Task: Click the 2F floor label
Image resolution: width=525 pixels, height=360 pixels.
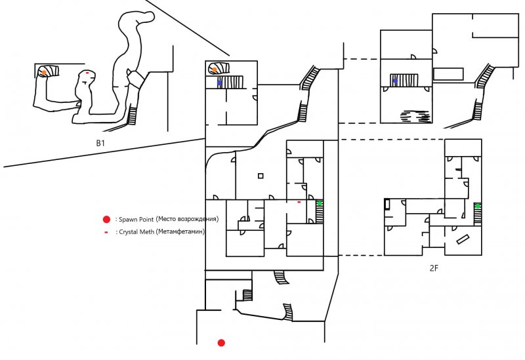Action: [x=434, y=268]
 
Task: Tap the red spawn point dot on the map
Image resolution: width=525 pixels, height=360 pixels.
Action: [x=221, y=342]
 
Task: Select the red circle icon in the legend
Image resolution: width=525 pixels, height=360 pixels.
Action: [x=106, y=219]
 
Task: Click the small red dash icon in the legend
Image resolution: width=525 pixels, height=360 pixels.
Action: [x=106, y=231]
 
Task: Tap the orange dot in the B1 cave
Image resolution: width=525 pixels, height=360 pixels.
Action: [x=43, y=73]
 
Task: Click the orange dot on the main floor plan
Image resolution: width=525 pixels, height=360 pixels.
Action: [x=215, y=69]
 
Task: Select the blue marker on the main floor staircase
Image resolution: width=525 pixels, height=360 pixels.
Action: [x=220, y=83]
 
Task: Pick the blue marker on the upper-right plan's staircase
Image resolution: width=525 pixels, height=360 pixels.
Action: [x=395, y=81]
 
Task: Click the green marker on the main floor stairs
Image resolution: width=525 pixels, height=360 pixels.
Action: [x=320, y=204]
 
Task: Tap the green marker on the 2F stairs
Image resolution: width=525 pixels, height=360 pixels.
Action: [x=478, y=207]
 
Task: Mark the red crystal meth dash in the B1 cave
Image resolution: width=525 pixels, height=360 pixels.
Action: [x=87, y=71]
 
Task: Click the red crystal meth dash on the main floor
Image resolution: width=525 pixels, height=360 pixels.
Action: [x=299, y=202]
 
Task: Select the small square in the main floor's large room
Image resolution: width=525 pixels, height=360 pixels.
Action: [x=261, y=176]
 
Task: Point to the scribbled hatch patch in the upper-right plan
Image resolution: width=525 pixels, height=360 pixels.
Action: [x=415, y=116]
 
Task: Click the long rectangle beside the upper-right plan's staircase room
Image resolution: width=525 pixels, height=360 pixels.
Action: [x=448, y=74]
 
